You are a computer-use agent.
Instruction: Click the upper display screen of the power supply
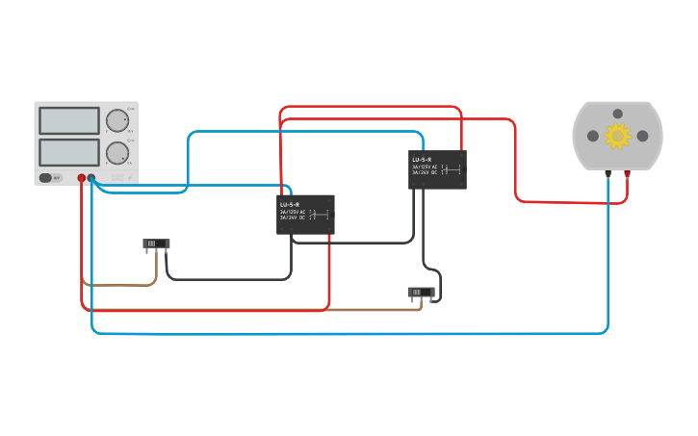pyautogui.click(x=68, y=120)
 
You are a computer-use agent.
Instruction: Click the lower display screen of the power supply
pyautogui.click(x=68, y=152)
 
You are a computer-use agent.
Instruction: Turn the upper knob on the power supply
pyautogui.click(x=116, y=120)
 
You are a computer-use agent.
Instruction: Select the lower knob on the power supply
pyautogui.click(x=116, y=152)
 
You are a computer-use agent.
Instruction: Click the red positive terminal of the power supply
pyautogui.click(x=81, y=178)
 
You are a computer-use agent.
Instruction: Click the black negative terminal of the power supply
pyautogui.click(x=91, y=178)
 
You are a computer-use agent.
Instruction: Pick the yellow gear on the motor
pyautogui.click(x=617, y=136)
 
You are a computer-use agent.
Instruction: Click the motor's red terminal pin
pyautogui.click(x=628, y=174)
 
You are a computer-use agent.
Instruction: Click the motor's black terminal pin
pyautogui.click(x=608, y=174)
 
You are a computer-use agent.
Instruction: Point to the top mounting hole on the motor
pyautogui.click(x=618, y=114)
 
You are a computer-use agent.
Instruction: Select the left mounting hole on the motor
pyautogui.click(x=593, y=136)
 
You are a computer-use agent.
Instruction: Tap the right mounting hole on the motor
pyautogui.click(x=642, y=136)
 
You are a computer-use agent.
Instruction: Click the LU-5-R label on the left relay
pyautogui.click(x=290, y=205)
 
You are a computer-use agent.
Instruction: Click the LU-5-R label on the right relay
pyautogui.click(x=422, y=159)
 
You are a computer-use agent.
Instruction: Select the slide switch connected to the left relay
pyautogui.click(x=156, y=244)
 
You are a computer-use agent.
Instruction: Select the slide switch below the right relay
pyautogui.click(x=421, y=292)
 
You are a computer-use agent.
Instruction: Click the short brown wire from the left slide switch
pyautogui.click(x=119, y=285)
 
